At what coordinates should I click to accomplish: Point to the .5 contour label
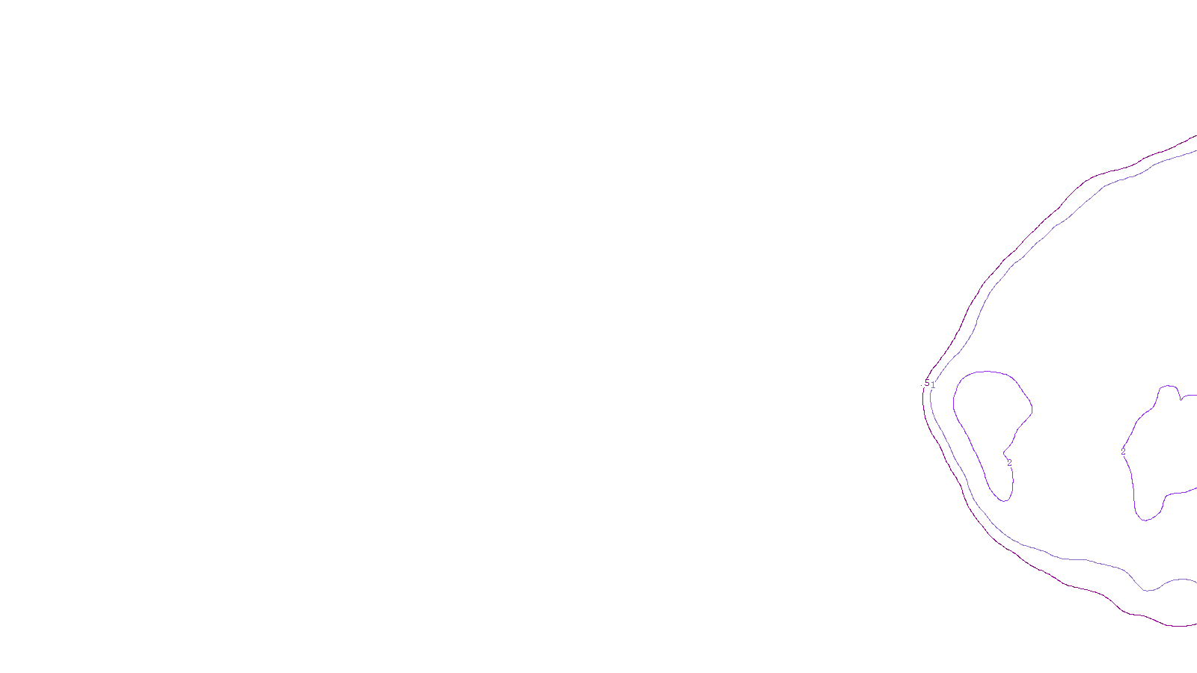coord(927,384)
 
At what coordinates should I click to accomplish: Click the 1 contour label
coord(933,385)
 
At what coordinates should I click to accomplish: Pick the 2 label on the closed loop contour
coord(1009,463)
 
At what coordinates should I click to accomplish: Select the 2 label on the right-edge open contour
coord(1123,452)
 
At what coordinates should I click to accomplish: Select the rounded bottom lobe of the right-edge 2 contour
coord(1148,518)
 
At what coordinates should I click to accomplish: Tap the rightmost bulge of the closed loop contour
coord(1032,408)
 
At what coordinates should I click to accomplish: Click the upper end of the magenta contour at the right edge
coord(1195,137)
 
